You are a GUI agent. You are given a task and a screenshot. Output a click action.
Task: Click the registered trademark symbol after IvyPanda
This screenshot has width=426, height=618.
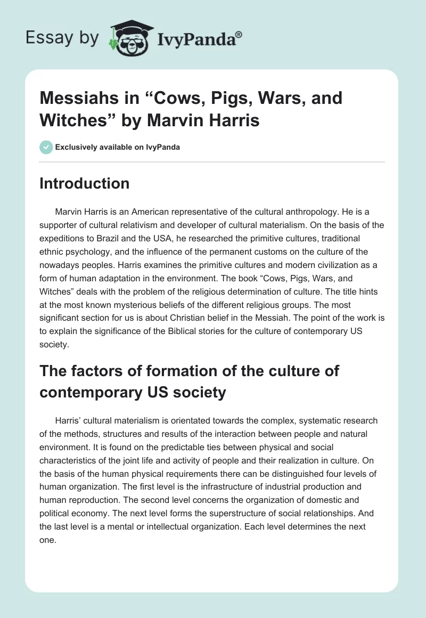point(239,34)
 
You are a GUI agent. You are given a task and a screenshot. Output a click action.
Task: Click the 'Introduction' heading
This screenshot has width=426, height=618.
point(85,183)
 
